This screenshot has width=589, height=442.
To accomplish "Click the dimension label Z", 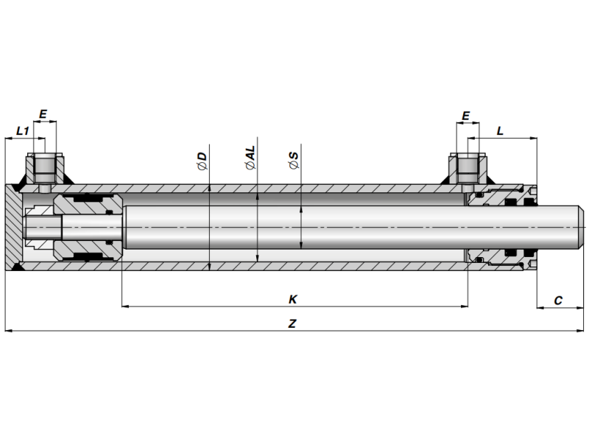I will click(292, 323).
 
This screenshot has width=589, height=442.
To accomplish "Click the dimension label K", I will click(292, 299).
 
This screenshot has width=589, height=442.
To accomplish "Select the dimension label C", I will click(558, 300).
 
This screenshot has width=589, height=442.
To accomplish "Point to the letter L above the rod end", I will click(500, 130).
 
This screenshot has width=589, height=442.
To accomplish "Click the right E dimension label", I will click(465, 116).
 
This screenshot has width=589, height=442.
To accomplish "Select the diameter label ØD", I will click(202, 161).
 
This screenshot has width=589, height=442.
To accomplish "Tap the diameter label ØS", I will click(294, 161).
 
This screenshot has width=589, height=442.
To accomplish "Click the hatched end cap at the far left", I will click(13, 227).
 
